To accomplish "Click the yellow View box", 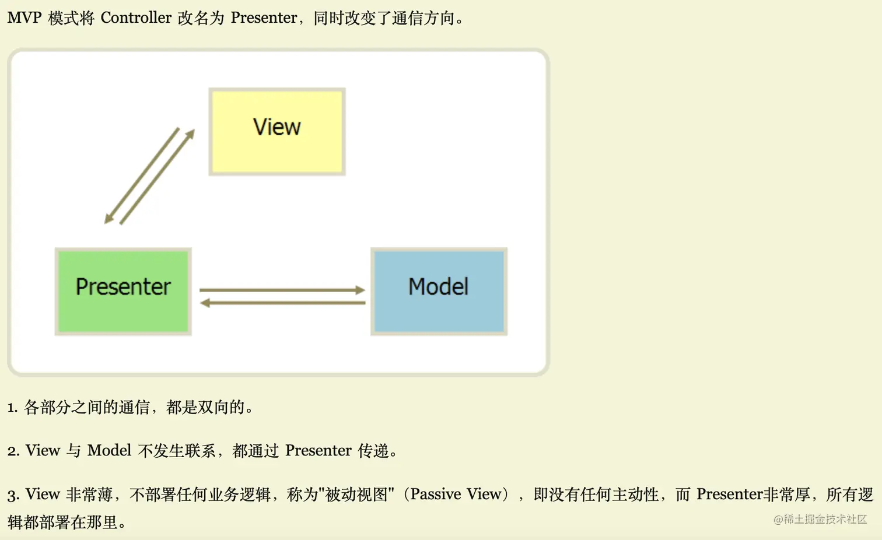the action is [277, 131].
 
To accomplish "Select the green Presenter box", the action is [123, 291].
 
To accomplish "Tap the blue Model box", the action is [439, 291].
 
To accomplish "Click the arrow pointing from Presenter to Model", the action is [282, 290].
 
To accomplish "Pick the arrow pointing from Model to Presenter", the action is [283, 303].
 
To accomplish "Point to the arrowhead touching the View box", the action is [190, 134].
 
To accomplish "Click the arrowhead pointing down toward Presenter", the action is [108, 218].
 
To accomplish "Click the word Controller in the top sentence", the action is [136, 17].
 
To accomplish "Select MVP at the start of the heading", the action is [24, 17].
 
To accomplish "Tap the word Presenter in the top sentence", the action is [264, 17].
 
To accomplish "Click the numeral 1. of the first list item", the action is [13, 408].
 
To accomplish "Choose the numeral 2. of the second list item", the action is [13, 451].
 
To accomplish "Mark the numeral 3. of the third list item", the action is [13, 495].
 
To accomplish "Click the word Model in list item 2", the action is [109, 450].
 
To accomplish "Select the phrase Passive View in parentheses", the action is [456, 494].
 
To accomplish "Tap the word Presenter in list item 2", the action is [318, 450].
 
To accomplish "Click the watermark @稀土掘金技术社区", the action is [820, 520].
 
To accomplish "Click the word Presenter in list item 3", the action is [730, 494].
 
